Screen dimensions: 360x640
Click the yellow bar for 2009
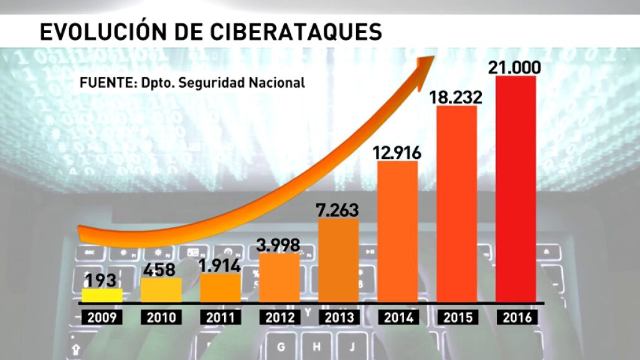[x=102, y=296]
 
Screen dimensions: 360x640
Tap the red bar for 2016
[x=515, y=190]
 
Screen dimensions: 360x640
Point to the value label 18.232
[x=456, y=97]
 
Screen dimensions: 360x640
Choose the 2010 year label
[x=161, y=317]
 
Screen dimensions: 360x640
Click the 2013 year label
[x=339, y=317]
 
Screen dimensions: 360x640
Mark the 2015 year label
[x=456, y=317]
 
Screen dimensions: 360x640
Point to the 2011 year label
[x=220, y=317]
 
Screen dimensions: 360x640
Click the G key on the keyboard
[x=281, y=346]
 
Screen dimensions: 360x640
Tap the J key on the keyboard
[x=352, y=346]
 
